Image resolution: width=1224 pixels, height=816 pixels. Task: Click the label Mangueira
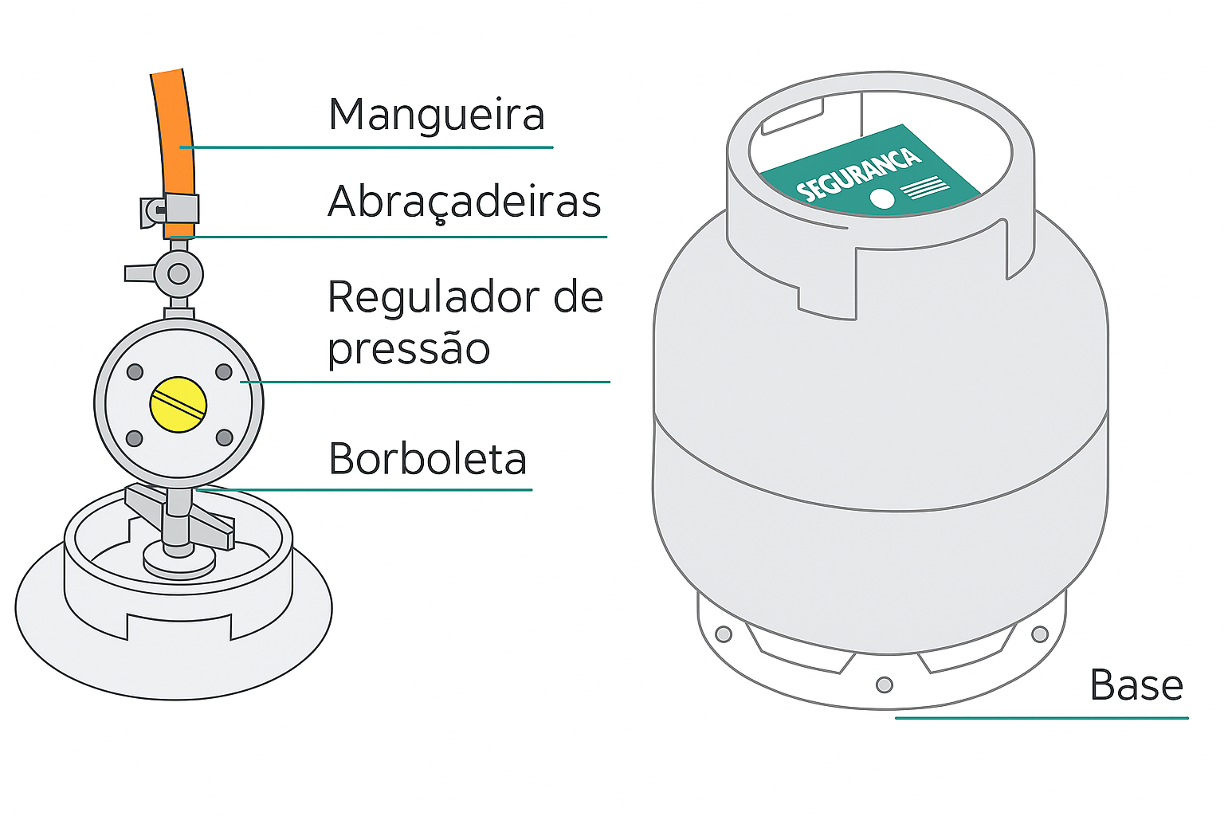coord(436,115)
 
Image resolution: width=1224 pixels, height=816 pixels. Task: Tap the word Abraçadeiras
coord(464,201)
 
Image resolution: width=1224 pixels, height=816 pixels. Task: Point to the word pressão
coord(409,349)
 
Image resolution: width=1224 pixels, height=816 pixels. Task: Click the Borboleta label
coord(427,459)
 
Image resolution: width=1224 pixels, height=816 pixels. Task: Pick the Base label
coord(1136,685)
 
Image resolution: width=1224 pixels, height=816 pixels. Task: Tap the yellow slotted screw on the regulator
coord(178,405)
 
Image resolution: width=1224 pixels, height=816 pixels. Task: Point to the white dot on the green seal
coord(882,198)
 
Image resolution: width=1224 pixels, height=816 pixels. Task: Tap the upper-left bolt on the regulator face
coord(135,371)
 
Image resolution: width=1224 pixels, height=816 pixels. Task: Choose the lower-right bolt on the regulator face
coord(224,437)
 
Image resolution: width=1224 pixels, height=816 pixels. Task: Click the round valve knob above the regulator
coord(178,274)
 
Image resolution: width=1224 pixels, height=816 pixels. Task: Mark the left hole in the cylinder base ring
coord(724,634)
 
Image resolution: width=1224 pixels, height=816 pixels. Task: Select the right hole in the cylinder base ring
coord(1039,634)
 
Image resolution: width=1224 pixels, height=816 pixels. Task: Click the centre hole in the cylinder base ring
coord(884,685)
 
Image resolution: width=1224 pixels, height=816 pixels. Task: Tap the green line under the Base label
coord(1041,718)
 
